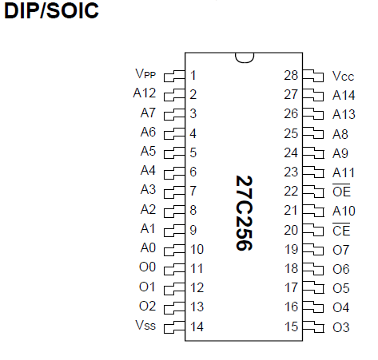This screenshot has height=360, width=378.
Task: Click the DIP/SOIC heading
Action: pos(51,10)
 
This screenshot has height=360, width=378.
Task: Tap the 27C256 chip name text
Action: pos(244,213)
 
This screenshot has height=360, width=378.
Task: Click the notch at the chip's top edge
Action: pos(245,58)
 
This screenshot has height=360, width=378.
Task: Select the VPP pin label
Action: pos(145,73)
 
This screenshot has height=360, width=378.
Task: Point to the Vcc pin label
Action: pos(343,76)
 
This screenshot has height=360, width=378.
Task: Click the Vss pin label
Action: pos(145,325)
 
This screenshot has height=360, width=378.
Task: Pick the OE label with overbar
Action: pos(341,191)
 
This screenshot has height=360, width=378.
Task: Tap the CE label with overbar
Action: pos(341,230)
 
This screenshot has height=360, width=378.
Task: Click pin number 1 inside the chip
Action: pos(193,75)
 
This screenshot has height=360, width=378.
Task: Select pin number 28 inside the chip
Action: pos(291,75)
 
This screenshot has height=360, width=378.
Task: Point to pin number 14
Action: pos(197,326)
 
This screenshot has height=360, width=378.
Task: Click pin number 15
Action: pos(291,326)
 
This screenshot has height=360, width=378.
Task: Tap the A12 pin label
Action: pos(145,93)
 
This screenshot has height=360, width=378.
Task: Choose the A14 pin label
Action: pos(344,95)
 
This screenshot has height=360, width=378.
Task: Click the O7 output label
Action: pos(340,250)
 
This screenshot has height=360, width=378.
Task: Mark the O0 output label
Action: pos(147,267)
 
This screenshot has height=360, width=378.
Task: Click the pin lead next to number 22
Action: pos(313,192)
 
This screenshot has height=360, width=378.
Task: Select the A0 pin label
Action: pos(148,247)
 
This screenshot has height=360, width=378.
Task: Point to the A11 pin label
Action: pos(344,172)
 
